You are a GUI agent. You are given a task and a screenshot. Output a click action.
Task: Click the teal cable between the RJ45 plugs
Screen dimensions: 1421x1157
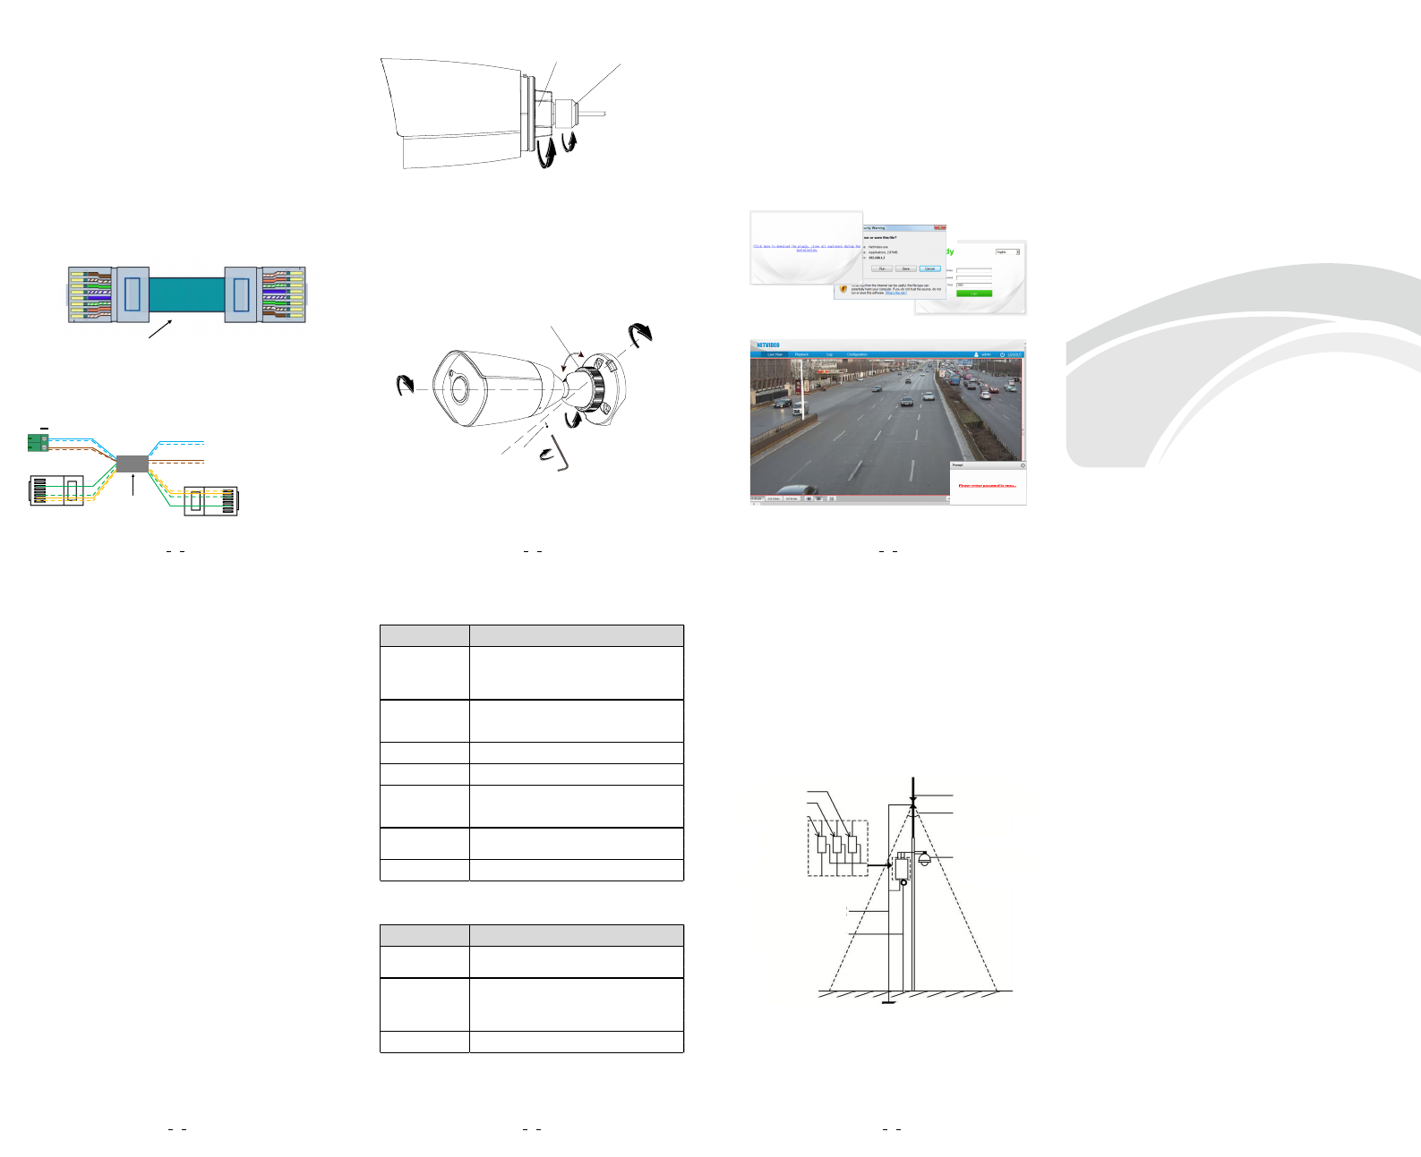pyautogui.click(x=186, y=294)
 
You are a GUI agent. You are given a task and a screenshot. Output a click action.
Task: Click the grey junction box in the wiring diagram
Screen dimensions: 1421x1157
pyautogui.click(x=133, y=463)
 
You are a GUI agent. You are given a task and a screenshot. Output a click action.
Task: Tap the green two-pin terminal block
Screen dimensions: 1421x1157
pyautogui.click(x=37, y=442)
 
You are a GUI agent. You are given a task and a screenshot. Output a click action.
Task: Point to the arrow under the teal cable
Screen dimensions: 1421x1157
pyautogui.click(x=160, y=328)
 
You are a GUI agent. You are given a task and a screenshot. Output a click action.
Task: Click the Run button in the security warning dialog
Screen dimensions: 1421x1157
pyautogui.click(x=882, y=268)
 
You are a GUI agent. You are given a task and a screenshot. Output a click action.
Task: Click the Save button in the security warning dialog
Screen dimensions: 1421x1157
pyautogui.click(x=905, y=268)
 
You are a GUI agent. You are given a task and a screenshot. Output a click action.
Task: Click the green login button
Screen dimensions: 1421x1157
pyautogui.click(x=974, y=293)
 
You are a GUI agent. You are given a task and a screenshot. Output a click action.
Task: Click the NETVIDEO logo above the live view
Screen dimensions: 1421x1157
pyautogui.click(x=767, y=345)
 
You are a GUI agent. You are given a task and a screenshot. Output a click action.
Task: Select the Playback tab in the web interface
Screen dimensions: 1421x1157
pyautogui.click(x=801, y=354)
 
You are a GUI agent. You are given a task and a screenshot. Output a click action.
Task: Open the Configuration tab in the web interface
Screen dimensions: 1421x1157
pyautogui.click(x=857, y=354)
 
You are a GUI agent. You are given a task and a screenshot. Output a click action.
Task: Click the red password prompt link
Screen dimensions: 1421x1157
pyautogui.click(x=987, y=486)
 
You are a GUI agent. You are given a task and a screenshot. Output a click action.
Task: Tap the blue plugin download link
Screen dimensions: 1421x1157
pyautogui.click(x=806, y=248)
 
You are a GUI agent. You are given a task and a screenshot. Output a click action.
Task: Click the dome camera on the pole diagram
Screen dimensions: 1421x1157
pyautogui.click(x=924, y=860)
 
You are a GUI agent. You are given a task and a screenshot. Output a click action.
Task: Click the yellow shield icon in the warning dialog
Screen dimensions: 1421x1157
pyautogui.click(x=843, y=289)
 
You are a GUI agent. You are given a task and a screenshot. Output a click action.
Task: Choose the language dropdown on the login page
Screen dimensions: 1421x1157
pyautogui.click(x=1007, y=252)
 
